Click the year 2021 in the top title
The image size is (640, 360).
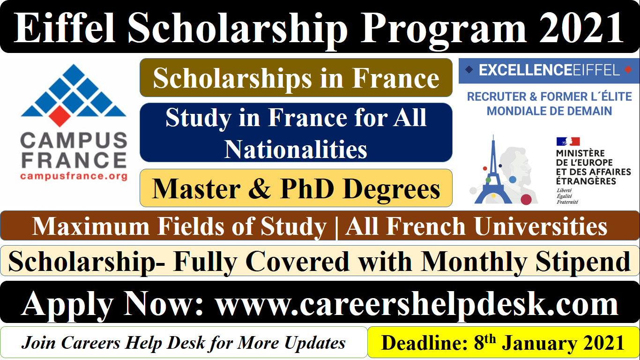pyautogui.click(x=581, y=28)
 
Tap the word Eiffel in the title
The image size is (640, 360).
pyautogui.click(x=65, y=28)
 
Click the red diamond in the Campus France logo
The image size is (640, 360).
pyautogui.click(x=60, y=116)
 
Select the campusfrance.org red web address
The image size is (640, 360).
pyautogui.click(x=74, y=176)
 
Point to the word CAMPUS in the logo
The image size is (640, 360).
pyautogui.click(x=74, y=140)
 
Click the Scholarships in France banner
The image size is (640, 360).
pyautogui.click(x=296, y=78)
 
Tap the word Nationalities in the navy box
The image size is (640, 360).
pyautogui.click(x=296, y=149)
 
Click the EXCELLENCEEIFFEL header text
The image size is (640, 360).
pyautogui.click(x=550, y=70)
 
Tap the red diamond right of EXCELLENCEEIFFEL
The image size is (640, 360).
pyautogui.click(x=628, y=69)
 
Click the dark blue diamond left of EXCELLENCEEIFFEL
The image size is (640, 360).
pyautogui.click(x=469, y=69)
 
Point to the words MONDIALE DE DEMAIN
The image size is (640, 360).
pyautogui.click(x=549, y=111)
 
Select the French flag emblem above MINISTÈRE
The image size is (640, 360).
pyautogui.click(x=568, y=142)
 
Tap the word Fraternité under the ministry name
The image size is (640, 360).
pyautogui.click(x=567, y=202)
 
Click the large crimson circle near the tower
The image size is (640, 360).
pyautogui.click(x=526, y=199)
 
